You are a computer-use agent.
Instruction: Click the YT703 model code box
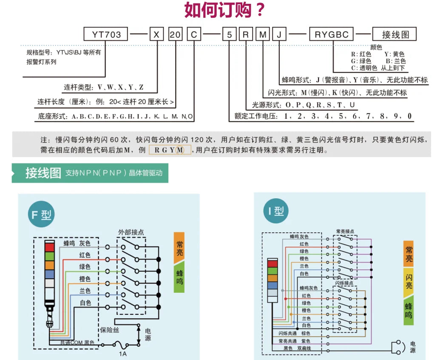click(106, 34)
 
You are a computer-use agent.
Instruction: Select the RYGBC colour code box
click(332, 34)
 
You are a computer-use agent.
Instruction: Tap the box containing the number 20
click(175, 34)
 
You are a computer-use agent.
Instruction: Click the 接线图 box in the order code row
click(395, 34)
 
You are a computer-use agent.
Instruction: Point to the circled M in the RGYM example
click(180, 150)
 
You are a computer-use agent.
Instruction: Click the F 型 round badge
click(41, 214)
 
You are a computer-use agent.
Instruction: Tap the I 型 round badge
click(276, 211)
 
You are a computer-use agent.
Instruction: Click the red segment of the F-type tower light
click(49, 247)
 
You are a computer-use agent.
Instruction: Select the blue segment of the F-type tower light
click(49, 274)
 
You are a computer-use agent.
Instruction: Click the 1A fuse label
click(122, 354)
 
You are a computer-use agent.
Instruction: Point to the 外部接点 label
click(131, 232)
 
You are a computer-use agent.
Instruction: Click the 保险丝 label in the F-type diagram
click(110, 330)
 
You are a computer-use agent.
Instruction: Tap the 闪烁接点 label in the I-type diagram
click(344, 283)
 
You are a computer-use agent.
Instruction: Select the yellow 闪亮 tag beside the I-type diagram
click(409, 282)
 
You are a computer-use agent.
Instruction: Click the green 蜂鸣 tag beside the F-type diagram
click(179, 277)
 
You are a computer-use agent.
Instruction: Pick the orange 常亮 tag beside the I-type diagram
click(409, 254)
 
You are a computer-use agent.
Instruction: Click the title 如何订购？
click(224, 10)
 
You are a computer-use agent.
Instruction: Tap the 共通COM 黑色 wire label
click(77, 343)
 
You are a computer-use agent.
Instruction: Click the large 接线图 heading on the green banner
click(43, 173)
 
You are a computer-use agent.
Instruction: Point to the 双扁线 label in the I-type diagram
click(304, 348)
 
